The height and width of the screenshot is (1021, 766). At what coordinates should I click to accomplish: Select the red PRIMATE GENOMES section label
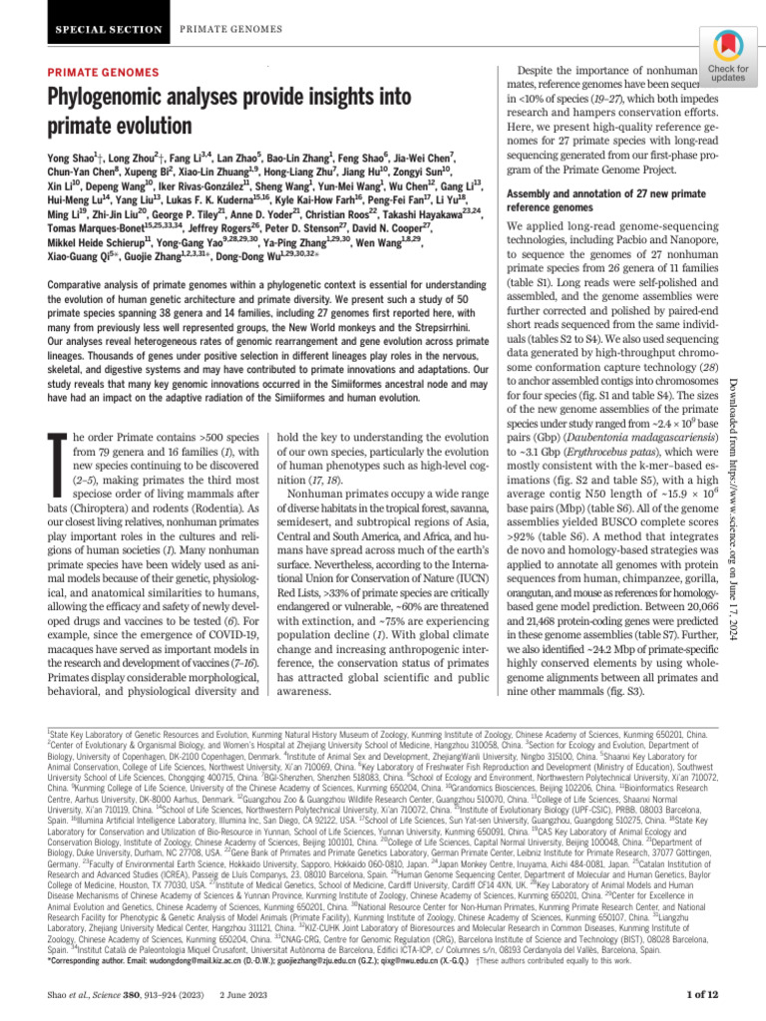(96, 73)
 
